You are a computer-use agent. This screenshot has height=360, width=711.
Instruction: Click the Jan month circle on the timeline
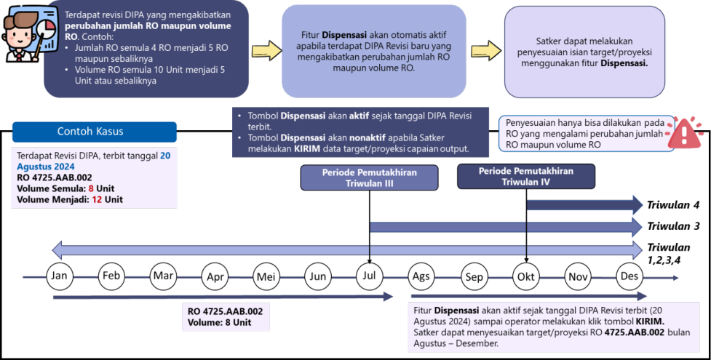coord(60,276)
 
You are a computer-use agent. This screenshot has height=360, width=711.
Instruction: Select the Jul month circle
coord(370,276)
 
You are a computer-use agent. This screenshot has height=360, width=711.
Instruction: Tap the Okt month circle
coord(525,276)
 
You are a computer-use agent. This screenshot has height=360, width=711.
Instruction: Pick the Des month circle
coord(629,276)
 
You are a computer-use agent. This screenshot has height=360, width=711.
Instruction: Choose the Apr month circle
coord(215,276)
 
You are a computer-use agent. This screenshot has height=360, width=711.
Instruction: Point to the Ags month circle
coord(421,276)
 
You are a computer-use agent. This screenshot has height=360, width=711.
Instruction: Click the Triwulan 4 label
coord(673,204)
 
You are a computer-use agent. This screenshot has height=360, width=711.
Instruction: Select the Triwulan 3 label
coord(673,226)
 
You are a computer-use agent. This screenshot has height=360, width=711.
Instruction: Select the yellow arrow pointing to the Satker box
coord(485,49)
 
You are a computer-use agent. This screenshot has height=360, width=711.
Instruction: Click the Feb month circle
coord(111,276)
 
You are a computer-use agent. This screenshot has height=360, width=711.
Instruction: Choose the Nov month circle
coord(578,276)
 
